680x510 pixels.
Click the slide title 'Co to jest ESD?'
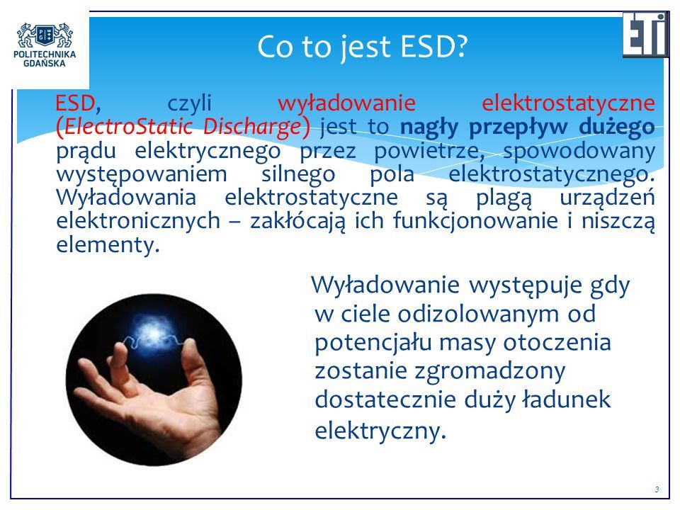[362, 47]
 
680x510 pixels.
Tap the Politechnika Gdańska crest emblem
[45, 35]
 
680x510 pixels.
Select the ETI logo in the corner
[646, 35]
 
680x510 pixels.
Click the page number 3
[657, 489]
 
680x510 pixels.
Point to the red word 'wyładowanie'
[346, 103]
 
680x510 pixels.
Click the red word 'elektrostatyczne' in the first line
[568, 103]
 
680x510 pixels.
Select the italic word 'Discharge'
[252, 127]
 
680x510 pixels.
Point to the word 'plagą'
[504, 198]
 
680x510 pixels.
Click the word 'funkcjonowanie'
[475, 220]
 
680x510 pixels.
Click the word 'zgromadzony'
[489, 372]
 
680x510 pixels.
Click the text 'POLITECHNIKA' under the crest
[45, 55]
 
